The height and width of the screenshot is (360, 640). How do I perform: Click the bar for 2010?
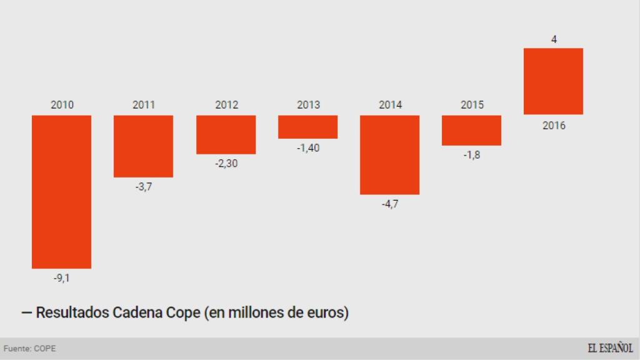(61, 192)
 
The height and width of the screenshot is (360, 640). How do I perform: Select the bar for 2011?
(143, 146)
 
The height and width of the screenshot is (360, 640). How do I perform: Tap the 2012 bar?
(226, 134)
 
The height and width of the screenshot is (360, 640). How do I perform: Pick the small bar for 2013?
(307, 127)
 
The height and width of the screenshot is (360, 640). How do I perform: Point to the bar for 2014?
(389, 154)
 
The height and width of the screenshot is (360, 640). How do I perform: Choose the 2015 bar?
(471, 130)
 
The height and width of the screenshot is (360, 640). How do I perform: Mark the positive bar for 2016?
(553, 81)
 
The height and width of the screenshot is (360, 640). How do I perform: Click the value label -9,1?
(61, 278)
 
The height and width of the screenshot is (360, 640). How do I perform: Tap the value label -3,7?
(143, 187)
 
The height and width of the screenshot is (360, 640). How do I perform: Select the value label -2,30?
(226, 164)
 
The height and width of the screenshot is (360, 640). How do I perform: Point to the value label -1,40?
(307, 148)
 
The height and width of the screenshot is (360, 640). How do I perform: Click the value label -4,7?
(389, 204)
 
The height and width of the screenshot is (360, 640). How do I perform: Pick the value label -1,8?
(471, 155)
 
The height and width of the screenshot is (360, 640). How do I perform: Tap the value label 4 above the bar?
(554, 39)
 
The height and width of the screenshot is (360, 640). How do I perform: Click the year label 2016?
(554, 126)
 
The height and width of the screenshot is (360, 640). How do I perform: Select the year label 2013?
(307, 105)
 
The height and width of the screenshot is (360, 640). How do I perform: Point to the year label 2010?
(62, 105)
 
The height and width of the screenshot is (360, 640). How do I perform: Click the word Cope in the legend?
(182, 312)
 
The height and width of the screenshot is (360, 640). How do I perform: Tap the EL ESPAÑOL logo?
(609, 348)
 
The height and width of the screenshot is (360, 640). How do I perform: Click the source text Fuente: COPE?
(30, 348)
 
